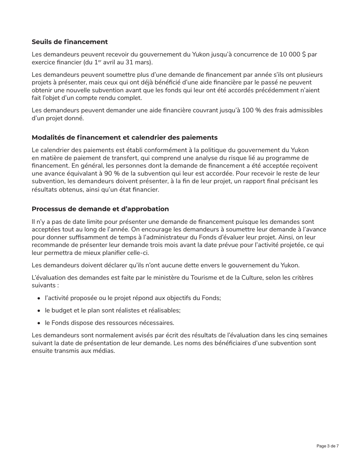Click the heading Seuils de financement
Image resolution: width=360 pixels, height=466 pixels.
70,42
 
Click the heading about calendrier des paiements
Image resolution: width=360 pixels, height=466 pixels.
124,137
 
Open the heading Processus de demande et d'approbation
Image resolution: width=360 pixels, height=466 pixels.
100,209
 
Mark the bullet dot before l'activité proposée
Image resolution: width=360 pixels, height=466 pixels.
39,298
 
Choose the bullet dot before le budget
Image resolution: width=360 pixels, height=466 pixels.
39,311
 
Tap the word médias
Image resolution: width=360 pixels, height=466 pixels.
103,351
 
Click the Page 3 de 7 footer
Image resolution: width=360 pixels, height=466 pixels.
327,446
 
